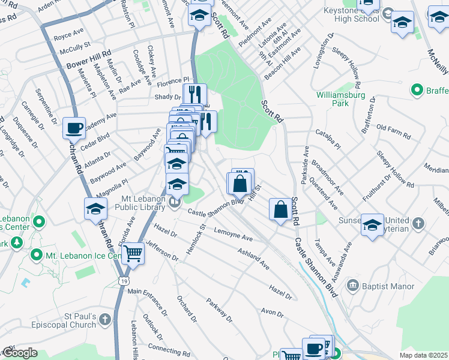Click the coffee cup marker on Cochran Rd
(74, 128)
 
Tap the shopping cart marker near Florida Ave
(133, 254)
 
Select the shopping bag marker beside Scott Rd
(280, 211)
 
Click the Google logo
(20, 353)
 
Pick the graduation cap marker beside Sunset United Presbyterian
(372, 225)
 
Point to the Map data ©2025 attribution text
(423, 355)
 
